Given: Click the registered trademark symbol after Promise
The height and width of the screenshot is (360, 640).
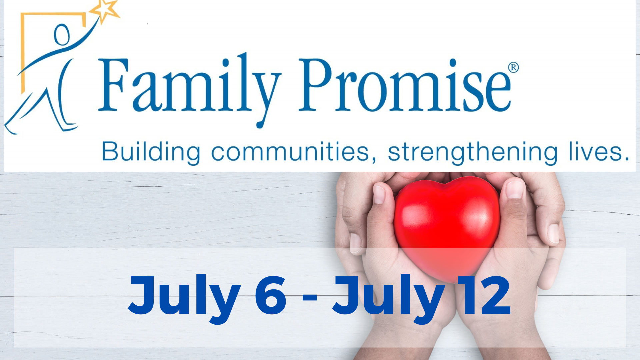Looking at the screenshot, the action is click(x=513, y=68).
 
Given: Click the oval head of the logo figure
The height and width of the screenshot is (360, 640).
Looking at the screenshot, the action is click(x=62, y=35).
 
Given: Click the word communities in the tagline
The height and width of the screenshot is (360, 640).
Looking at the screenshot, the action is click(x=290, y=152).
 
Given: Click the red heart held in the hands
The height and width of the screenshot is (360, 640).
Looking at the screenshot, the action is click(x=447, y=227).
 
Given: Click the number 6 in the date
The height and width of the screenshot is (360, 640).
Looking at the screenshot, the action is click(x=271, y=295).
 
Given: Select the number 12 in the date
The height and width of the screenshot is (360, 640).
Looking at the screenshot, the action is click(x=483, y=295).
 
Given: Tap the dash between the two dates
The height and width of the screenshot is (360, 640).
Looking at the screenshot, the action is click(x=310, y=296).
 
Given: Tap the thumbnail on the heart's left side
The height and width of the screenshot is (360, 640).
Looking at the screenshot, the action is click(x=379, y=194).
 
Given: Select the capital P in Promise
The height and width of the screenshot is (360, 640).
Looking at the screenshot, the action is click(x=315, y=85).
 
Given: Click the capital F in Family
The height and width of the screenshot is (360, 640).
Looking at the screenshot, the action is click(x=113, y=85).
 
